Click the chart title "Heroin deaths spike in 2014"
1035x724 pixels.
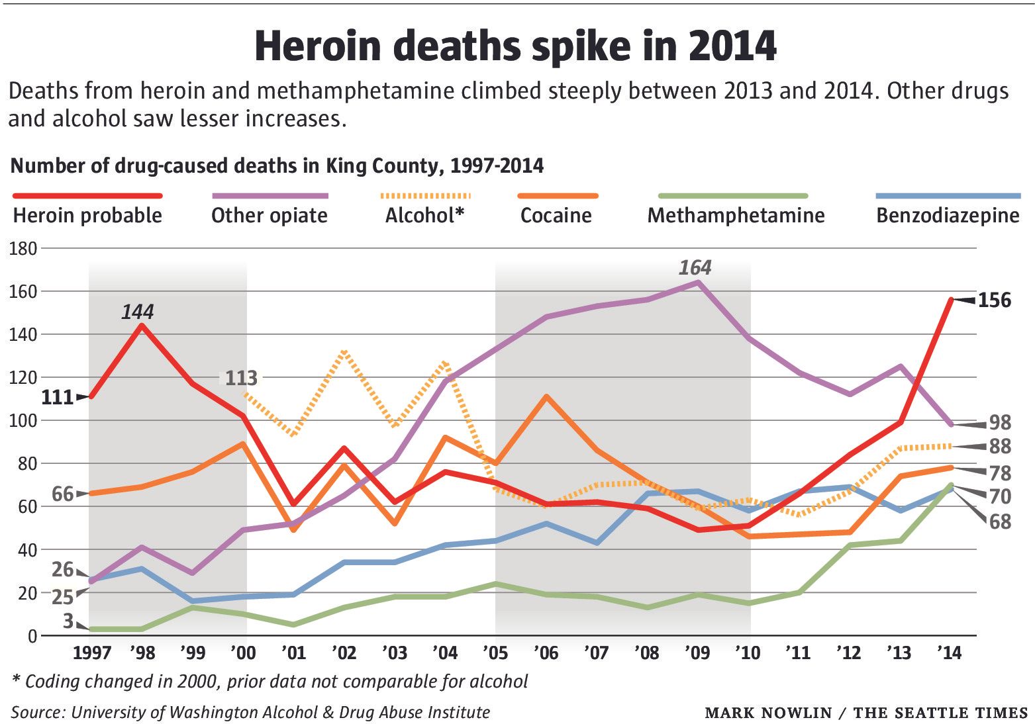(x=515, y=46)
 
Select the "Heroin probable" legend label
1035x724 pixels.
(x=87, y=216)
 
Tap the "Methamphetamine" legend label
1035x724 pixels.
(x=736, y=216)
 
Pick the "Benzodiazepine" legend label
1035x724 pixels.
(x=948, y=216)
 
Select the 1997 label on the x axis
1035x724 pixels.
(x=91, y=653)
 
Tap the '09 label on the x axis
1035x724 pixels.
(x=697, y=653)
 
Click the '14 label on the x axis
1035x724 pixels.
(x=950, y=653)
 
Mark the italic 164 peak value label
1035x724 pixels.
(x=695, y=268)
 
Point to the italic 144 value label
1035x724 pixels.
(x=137, y=312)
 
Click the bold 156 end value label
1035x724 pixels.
(x=995, y=300)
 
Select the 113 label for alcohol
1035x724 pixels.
(x=241, y=378)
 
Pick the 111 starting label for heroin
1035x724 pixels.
(x=57, y=398)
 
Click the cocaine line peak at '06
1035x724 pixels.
(x=546, y=396)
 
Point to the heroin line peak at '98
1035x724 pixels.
(x=142, y=325)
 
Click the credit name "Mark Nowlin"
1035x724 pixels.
(x=768, y=713)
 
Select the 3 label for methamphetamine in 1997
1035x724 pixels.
(x=68, y=621)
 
